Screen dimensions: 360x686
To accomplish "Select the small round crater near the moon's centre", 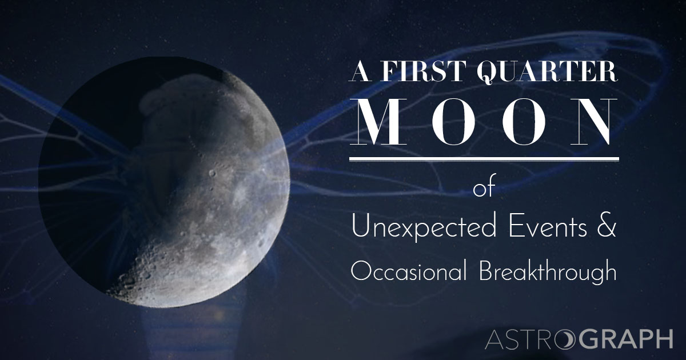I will tap(213, 172).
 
